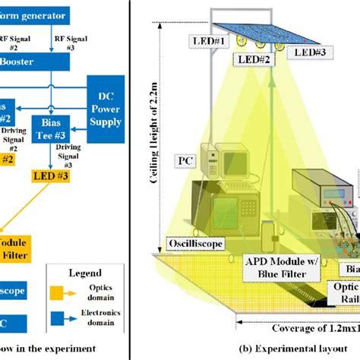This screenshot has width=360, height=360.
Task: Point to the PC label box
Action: [x=186, y=160]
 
